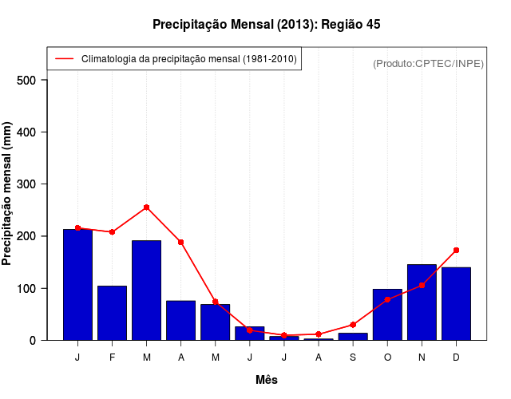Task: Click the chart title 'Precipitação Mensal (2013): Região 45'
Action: pyautogui.click(x=266, y=25)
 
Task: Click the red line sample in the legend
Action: pyautogui.click(x=65, y=59)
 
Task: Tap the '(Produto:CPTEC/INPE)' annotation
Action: pyautogui.click(x=428, y=63)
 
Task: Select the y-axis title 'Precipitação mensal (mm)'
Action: pyautogui.click(x=8, y=194)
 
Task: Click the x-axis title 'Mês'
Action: pyautogui.click(x=267, y=380)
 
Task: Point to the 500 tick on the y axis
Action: pyautogui.click(x=26, y=80)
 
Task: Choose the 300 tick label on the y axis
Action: pyautogui.click(x=26, y=184)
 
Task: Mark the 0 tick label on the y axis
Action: pyautogui.click(x=33, y=340)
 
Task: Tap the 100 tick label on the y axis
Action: pyautogui.click(x=26, y=288)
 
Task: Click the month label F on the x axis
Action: pyautogui.click(x=112, y=357)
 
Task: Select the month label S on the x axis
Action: pyautogui.click(x=353, y=357)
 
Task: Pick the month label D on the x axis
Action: pyautogui.click(x=456, y=357)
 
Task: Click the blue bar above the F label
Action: pyautogui.click(x=112, y=313)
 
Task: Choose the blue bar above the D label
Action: pyautogui.click(x=456, y=304)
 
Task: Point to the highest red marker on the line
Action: pyautogui.click(x=146, y=207)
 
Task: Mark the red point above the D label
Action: pyautogui.click(x=456, y=251)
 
